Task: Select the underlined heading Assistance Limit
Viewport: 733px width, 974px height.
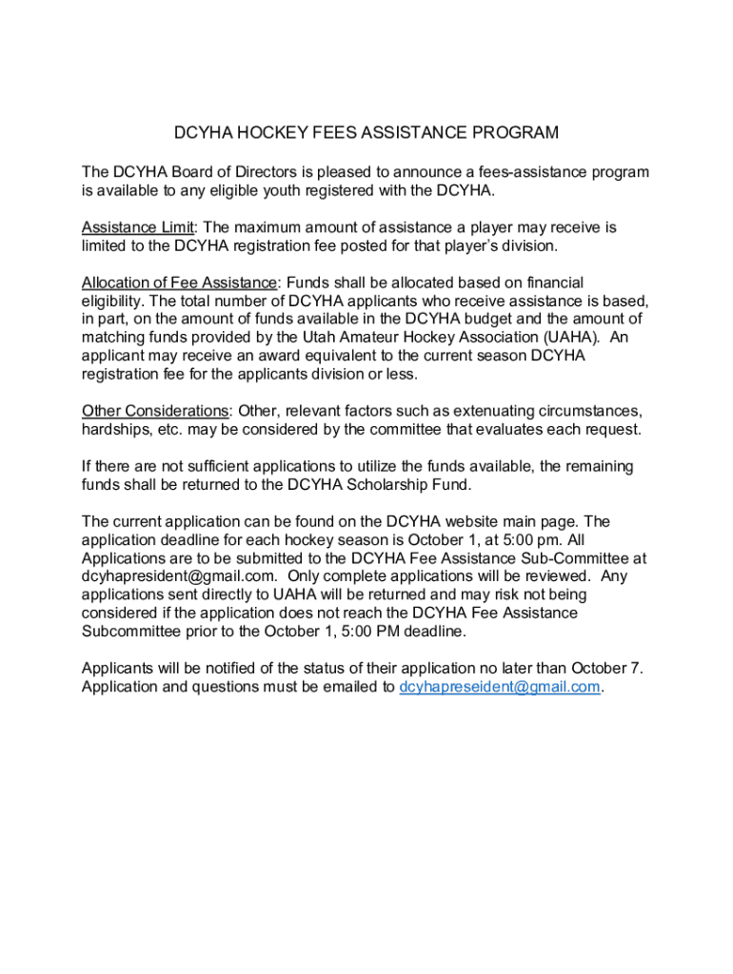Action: [139, 227]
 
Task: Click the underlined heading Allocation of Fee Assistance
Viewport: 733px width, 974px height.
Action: [180, 282]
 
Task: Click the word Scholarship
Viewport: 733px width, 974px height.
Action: [389, 484]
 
